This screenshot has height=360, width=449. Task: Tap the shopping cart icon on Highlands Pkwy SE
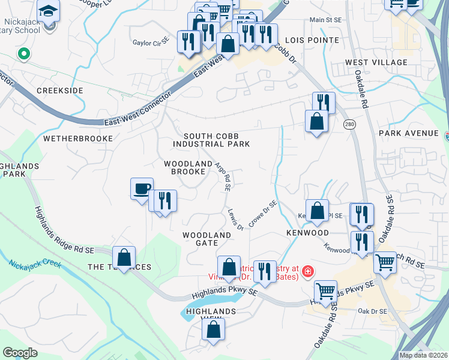pyautogui.click(x=325, y=292)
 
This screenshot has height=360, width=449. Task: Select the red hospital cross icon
pyautogui.click(x=308, y=271)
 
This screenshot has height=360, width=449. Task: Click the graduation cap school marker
pyautogui.click(x=48, y=10)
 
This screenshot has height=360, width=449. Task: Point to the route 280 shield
pyautogui.click(x=349, y=124)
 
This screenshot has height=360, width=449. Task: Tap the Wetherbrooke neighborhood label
pyautogui.click(x=78, y=138)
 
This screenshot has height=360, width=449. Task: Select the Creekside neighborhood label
pyautogui.click(x=59, y=90)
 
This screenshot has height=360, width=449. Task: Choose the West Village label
pyautogui.click(x=376, y=62)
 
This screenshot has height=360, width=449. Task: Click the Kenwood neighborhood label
pyautogui.click(x=307, y=232)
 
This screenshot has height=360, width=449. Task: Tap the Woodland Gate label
pyautogui.click(x=207, y=239)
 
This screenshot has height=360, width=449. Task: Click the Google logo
pyautogui.click(x=20, y=353)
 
